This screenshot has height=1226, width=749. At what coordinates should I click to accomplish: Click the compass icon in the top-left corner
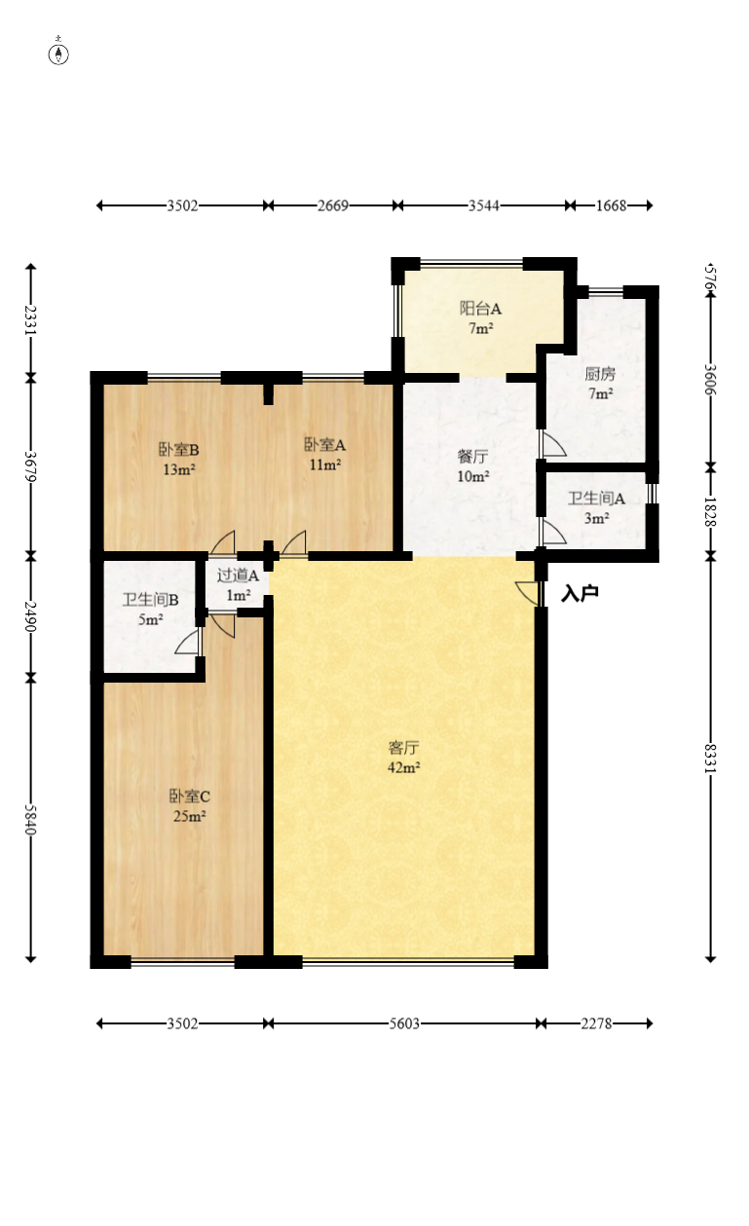point(58,54)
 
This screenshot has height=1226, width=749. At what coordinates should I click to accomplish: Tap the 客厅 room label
point(403,748)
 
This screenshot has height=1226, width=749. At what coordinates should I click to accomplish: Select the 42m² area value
point(403,767)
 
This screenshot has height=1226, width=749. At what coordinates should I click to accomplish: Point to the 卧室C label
point(189,796)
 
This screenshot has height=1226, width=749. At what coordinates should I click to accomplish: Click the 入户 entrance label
point(580,594)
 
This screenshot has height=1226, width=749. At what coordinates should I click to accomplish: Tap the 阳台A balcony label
point(480,309)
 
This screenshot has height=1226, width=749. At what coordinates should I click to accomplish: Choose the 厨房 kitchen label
point(600,374)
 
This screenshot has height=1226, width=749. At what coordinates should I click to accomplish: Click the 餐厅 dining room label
point(472,456)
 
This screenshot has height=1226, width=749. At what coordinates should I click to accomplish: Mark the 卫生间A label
point(596,499)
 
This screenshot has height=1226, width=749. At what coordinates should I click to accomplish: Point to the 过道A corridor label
point(238,576)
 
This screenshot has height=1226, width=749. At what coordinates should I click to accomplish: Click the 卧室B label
point(179,450)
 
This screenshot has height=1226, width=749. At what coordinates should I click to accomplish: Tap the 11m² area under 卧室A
point(325,465)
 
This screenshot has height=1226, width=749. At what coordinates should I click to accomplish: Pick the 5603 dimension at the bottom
point(404,1023)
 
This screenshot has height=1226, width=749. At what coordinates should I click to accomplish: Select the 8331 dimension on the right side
point(712,757)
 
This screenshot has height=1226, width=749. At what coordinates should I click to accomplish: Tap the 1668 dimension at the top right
point(611,205)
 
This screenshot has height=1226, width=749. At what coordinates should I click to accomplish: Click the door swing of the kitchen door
point(553,444)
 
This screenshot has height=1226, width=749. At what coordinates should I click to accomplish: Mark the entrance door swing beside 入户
point(527,592)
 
